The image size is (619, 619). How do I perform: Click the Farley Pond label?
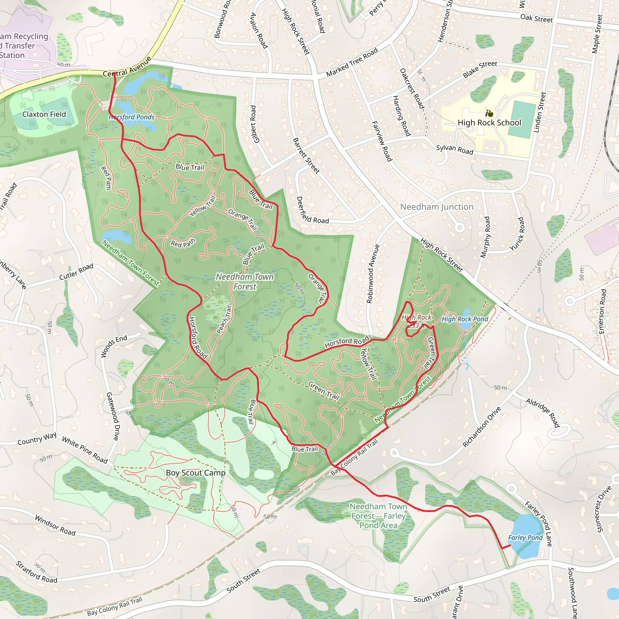tap(525, 538)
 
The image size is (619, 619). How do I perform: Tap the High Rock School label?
tap(489, 123)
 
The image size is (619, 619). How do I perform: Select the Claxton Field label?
tap(44, 114)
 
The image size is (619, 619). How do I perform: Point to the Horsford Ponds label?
tap(132, 117)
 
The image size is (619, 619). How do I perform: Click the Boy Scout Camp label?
tap(196, 473)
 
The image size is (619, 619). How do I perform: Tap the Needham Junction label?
tap(437, 207)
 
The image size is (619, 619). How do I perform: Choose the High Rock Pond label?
tap(465, 319)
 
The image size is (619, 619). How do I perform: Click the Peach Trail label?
tap(224, 319)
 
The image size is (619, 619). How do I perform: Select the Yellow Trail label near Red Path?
tap(203, 206)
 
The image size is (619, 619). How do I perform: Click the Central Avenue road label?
tap(127, 67)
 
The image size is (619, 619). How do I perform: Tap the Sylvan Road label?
tap(454, 149)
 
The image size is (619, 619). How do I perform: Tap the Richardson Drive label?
tap(481, 427)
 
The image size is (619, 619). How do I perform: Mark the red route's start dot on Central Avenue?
tap(114, 74)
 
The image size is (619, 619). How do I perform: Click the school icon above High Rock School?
tap(489, 113)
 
